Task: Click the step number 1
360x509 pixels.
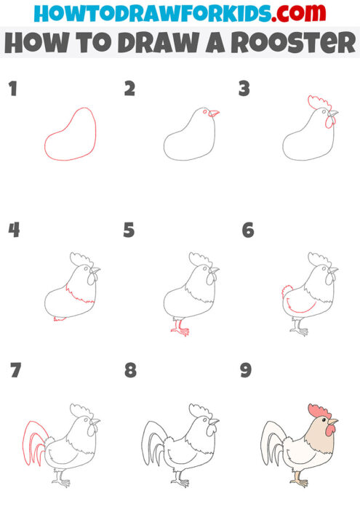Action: click(12, 89)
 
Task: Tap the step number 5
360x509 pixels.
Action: click(129, 231)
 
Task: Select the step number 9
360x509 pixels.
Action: click(246, 371)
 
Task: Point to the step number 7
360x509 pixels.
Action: click(15, 371)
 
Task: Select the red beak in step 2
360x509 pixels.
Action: click(213, 113)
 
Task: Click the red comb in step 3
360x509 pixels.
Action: click(319, 101)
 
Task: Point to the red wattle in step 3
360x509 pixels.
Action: click(330, 122)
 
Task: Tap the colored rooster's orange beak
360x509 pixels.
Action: click(332, 421)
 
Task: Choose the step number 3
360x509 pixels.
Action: click(244, 89)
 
